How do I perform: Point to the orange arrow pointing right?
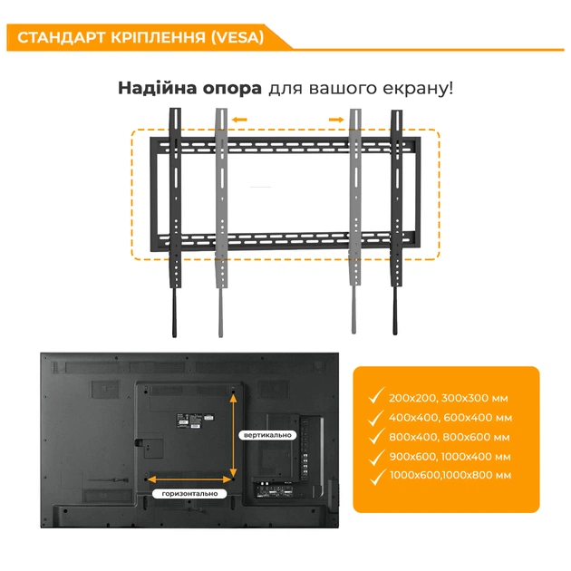(x=335, y=118)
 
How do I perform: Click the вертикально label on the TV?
(x=267, y=435)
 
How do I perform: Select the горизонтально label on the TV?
(x=190, y=494)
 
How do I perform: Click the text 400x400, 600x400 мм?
(x=450, y=418)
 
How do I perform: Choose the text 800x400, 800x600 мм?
(x=450, y=437)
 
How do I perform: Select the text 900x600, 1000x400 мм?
(x=450, y=456)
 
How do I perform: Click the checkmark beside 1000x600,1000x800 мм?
(x=374, y=475)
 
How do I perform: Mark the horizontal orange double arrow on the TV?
(x=189, y=479)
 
